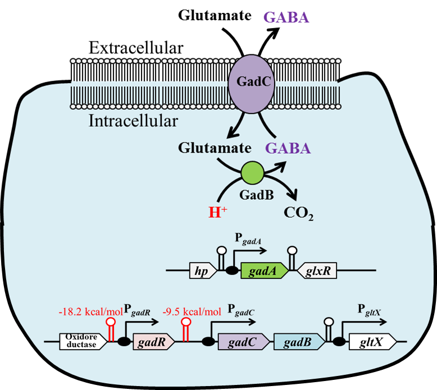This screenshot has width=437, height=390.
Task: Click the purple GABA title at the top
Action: pos(286,17)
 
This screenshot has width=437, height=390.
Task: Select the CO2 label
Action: pos(298,214)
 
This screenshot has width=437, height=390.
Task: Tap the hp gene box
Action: pos(199,271)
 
